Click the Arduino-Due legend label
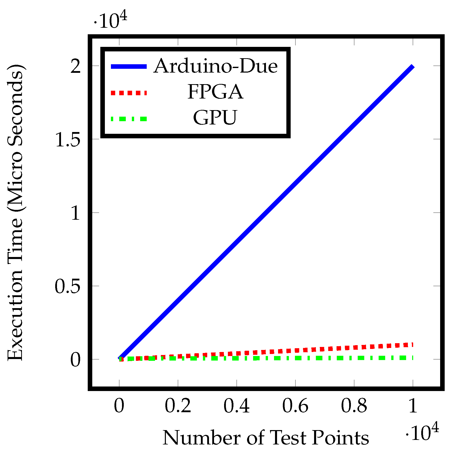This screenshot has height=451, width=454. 216,66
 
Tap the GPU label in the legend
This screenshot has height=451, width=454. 215,118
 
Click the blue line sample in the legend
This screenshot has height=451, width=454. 129,67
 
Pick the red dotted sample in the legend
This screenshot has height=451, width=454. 129,93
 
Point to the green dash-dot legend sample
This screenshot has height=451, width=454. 129,119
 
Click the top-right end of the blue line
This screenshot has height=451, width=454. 412,67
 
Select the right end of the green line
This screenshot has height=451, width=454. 411,358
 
